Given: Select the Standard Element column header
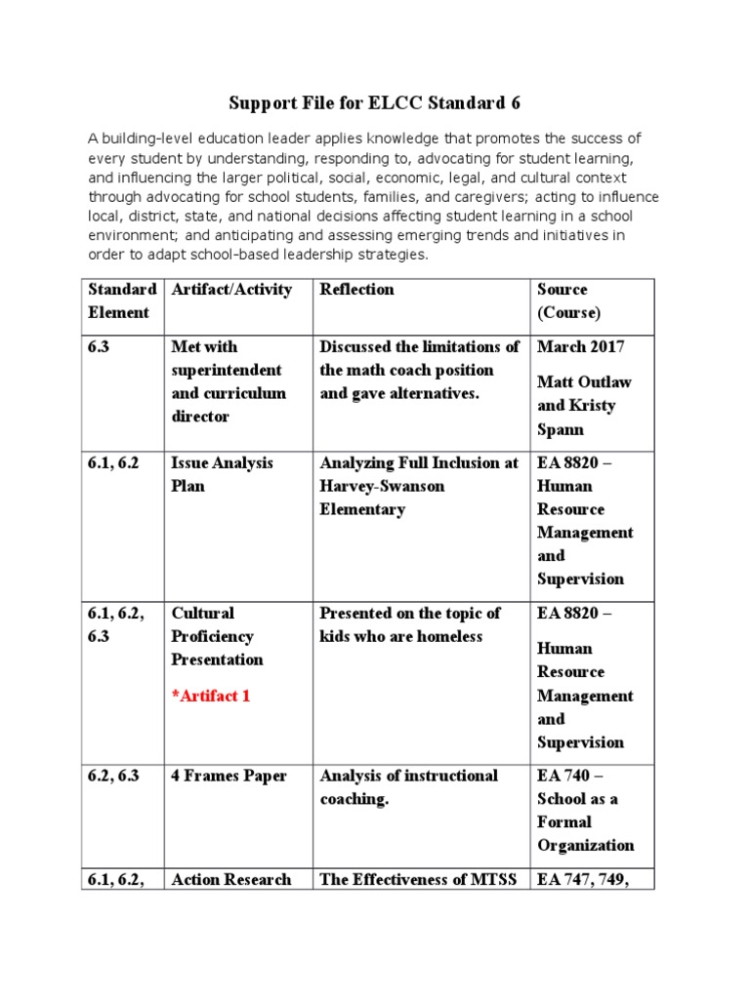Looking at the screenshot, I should pos(122,300).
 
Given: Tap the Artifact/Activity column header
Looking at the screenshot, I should pos(231,290).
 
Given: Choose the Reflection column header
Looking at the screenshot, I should pos(356,290).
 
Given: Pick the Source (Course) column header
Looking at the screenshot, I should pos(568,300).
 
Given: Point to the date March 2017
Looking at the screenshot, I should pos(582,346).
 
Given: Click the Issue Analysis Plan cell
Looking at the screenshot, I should pos(222,474).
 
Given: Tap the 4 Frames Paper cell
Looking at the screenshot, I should pos(229,776).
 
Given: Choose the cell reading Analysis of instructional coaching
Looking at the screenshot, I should pos(408,787).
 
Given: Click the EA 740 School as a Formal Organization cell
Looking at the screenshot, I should pos(585,811).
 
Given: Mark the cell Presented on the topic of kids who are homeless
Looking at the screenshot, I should pos(409,624).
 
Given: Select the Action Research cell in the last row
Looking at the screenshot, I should pos(230,879).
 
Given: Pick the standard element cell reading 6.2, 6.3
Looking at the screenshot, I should pos(119,776).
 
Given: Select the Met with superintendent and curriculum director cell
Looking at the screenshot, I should pos(229,381).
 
